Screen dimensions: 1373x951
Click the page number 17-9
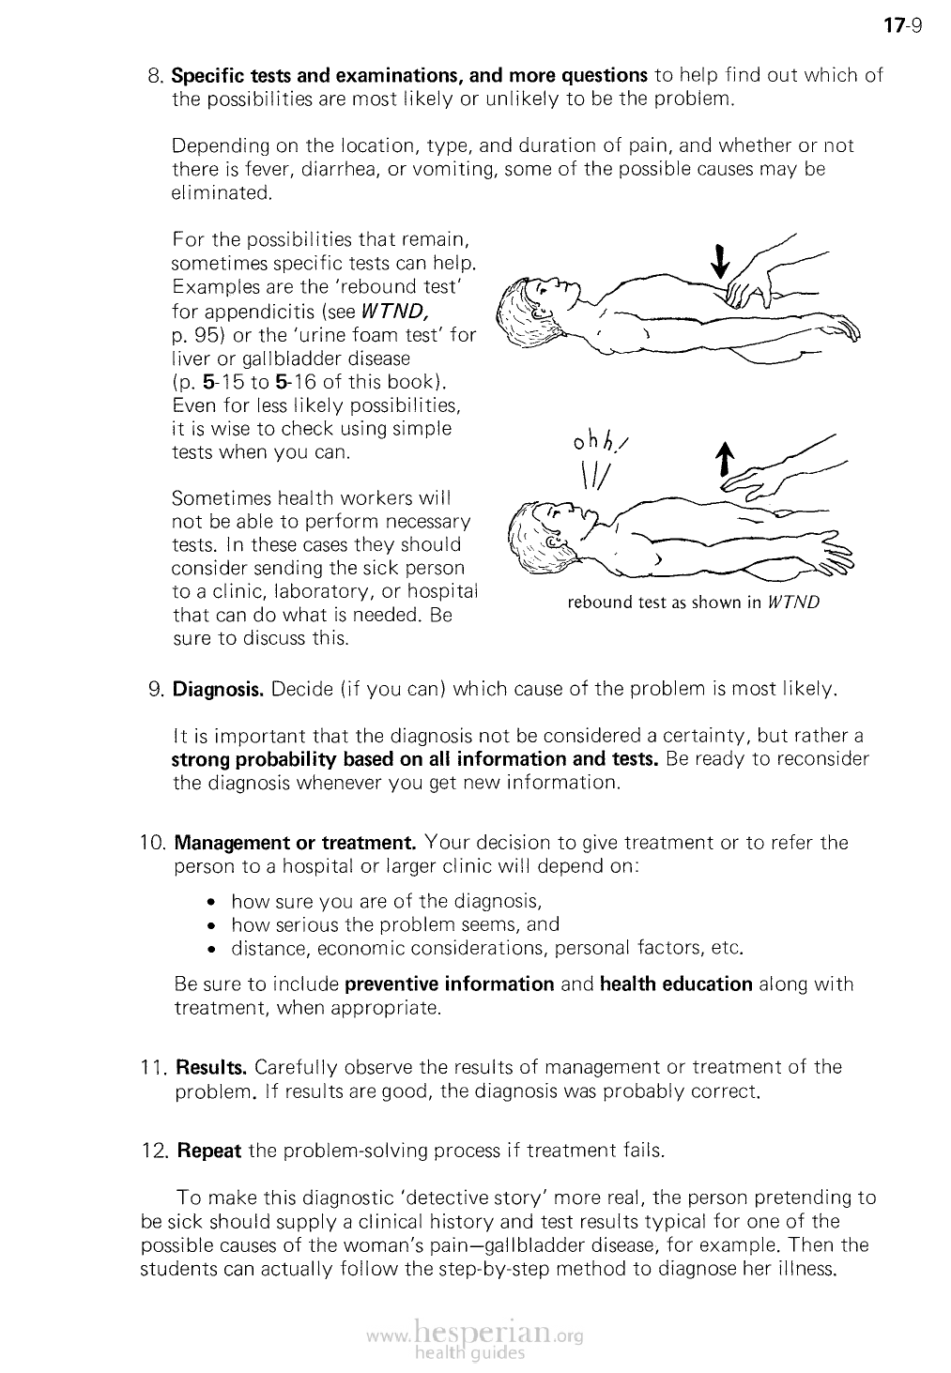coord(905,25)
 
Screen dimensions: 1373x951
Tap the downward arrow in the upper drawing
coord(720,262)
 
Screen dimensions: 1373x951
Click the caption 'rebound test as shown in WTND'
coord(693,603)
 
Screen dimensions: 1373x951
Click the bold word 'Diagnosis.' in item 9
coord(219,690)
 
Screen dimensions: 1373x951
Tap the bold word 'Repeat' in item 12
coord(209,1150)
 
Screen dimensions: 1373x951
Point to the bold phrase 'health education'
coord(676,984)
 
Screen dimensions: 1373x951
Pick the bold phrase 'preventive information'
coord(450,984)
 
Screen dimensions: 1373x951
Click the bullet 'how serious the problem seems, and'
coord(394,924)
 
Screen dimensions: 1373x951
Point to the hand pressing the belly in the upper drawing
coord(748,282)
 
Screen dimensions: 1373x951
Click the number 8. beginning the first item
coord(157,75)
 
